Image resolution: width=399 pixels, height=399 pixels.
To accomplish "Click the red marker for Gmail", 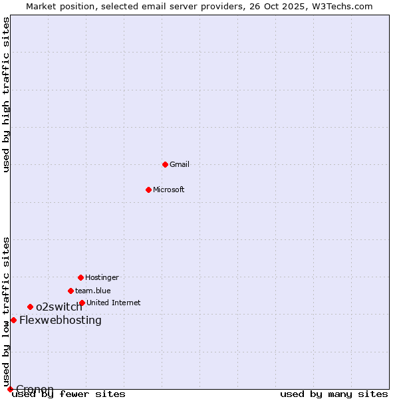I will click(165, 164).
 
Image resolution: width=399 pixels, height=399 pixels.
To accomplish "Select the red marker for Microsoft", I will click(148, 190).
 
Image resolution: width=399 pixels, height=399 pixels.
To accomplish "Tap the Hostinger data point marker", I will click(80, 277).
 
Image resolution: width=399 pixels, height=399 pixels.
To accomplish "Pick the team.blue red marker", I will click(70, 291).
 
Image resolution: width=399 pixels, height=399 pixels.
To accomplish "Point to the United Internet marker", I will click(82, 303).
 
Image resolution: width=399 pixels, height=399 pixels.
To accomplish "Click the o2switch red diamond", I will click(30, 307).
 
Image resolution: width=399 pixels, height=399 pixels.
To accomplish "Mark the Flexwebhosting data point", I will click(13, 320).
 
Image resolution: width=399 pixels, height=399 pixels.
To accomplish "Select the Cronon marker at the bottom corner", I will click(10, 389).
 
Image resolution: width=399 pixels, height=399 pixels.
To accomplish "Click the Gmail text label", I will click(180, 164).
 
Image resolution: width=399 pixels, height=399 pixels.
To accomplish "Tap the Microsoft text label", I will click(169, 190).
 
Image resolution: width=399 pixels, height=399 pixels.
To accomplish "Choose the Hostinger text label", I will click(102, 277).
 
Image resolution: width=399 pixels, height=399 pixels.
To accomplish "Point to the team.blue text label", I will click(93, 291).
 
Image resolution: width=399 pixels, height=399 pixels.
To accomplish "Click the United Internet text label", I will click(114, 303).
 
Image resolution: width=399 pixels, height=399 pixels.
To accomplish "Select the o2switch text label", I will click(59, 307).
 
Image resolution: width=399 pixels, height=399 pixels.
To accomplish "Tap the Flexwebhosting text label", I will click(61, 320).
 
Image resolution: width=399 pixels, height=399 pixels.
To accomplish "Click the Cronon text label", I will click(35, 389).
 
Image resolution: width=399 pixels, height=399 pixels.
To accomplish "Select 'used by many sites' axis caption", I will click(334, 394).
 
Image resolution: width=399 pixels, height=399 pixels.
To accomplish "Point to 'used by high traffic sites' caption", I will click(7, 94).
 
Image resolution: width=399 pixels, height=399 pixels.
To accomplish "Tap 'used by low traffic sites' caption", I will click(7, 311).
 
